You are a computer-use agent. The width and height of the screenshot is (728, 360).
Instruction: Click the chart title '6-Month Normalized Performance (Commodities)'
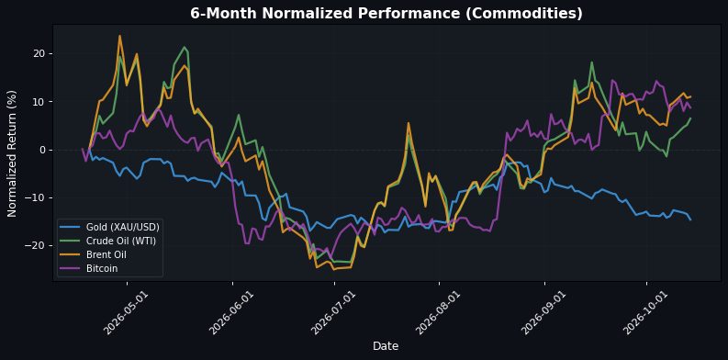click(386, 14)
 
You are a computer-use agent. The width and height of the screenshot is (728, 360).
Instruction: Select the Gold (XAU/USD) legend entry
click(110, 227)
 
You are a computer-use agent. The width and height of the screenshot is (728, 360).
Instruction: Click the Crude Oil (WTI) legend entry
click(108, 242)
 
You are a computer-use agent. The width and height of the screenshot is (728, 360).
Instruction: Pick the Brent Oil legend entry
click(94, 255)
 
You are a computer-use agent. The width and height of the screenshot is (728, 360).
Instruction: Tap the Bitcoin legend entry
click(89, 268)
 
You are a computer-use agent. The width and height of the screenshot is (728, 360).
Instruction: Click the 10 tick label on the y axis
click(41, 102)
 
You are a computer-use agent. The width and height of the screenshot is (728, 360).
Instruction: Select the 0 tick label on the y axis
click(44, 150)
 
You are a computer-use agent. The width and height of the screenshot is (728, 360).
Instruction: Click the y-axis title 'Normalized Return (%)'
click(12, 152)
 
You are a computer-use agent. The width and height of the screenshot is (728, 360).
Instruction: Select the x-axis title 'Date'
click(386, 345)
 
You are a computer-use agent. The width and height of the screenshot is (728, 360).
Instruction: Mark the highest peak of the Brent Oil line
click(119, 36)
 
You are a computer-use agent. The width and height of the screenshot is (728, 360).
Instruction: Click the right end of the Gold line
click(690, 219)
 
